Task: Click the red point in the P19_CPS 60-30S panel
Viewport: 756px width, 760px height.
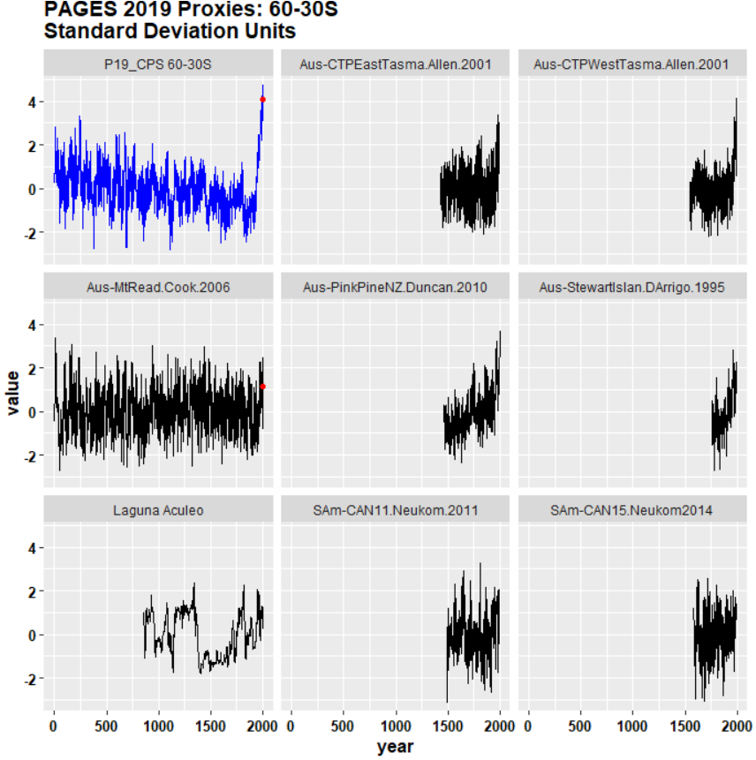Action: [262, 99]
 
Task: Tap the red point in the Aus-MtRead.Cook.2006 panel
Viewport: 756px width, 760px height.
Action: [263, 386]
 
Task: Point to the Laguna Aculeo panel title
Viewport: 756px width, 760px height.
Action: [159, 509]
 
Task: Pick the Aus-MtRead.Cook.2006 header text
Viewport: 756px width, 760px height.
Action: [159, 287]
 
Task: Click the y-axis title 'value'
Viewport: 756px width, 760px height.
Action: [13, 393]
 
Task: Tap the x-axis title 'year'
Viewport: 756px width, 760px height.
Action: [395, 747]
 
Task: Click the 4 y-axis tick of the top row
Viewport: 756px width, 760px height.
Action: [34, 102]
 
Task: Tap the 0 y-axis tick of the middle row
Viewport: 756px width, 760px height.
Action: [34, 412]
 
